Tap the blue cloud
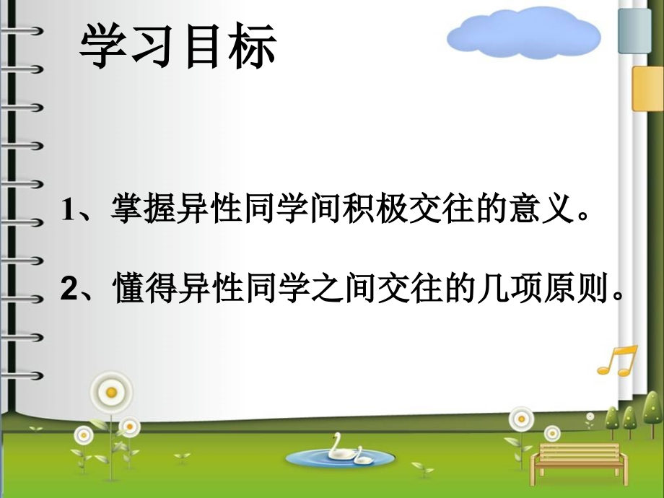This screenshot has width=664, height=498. tap(524, 35)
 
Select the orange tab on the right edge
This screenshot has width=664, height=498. tap(647, 89)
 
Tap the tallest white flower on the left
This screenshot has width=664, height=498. tap(111, 392)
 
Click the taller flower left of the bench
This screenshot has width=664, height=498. tap(521, 419)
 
